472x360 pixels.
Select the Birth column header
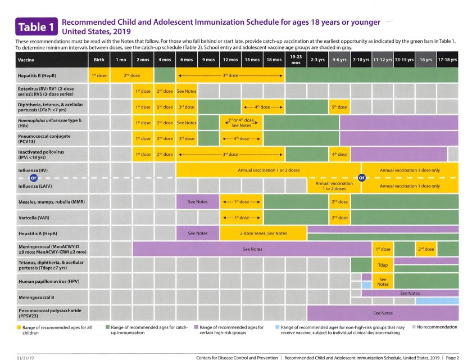pyautogui.click(x=99, y=59)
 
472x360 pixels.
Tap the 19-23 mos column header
pyautogui.click(x=296, y=59)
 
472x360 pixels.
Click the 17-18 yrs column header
pyautogui.click(x=447, y=59)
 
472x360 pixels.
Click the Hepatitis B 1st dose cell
pyautogui.click(x=99, y=75)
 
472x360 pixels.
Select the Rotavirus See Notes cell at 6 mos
pyautogui.click(x=187, y=91)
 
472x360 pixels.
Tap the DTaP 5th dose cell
pyautogui.click(x=339, y=107)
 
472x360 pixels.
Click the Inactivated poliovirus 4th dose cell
pyautogui.click(x=339, y=154)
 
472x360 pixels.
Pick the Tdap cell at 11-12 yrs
pyautogui.click(x=383, y=264)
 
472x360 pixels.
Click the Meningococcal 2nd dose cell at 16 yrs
pyautogui.click(x=425, y=249)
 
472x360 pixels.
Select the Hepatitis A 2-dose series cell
pyautogui.click(x=262, y=233)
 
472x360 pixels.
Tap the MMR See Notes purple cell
pyautogui.click(x=198, y=201)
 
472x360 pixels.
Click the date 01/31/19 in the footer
pyautogui.click(x=25, y=357)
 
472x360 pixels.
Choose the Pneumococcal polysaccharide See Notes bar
pyautogui.click(x=383, y=313)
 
